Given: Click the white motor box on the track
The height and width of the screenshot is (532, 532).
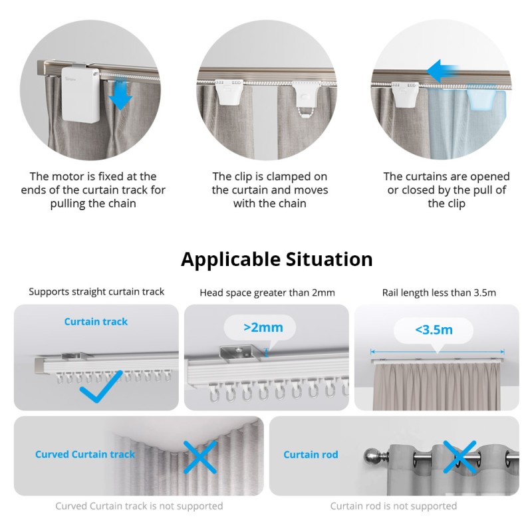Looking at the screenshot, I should (x=81, y=93).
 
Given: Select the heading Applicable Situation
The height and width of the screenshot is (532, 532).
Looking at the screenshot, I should (x=277, y=259).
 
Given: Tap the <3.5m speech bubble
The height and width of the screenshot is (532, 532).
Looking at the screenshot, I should (x=434, y=329).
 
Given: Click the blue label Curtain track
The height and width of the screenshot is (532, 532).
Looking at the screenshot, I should (x=96, y=322).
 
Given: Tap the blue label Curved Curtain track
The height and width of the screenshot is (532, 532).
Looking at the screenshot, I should (x=85, y=455).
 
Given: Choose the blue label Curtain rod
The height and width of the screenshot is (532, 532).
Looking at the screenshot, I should (x=311, y=455).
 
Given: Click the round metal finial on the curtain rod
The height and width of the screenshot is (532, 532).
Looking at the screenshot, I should (x=370, y=456).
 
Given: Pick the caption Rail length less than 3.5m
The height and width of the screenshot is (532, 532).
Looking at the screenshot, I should (x=439, y=292).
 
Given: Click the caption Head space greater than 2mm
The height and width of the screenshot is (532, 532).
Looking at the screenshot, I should (x=267, y=293).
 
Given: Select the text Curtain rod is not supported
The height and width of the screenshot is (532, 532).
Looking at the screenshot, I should (x=394, y=506).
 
